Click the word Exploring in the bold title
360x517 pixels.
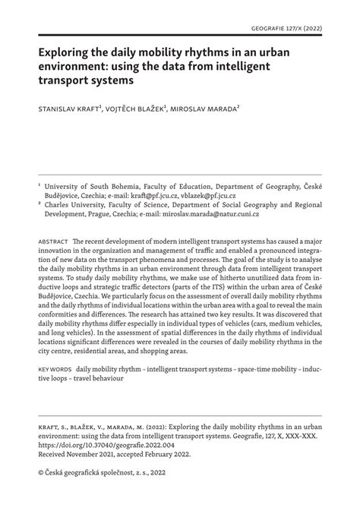click(68, 52)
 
